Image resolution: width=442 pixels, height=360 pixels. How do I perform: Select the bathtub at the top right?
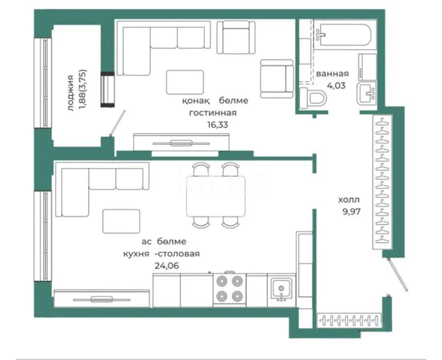point(345,36)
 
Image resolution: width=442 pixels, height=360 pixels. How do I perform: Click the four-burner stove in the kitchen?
point(229,290)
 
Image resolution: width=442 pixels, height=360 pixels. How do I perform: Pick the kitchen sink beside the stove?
point(281,289)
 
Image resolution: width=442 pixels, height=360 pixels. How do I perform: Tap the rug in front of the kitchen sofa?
point(121,221)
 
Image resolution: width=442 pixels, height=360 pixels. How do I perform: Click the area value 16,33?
point(217,125)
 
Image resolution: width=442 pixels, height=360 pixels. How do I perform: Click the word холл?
point(349,200)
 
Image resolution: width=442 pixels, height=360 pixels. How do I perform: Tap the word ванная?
point(332,74)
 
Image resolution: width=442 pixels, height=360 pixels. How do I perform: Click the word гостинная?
point(213,113)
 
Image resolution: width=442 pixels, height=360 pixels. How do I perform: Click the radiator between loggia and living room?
point(108,89)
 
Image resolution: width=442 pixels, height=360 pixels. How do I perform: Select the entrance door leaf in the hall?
point(398,274)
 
